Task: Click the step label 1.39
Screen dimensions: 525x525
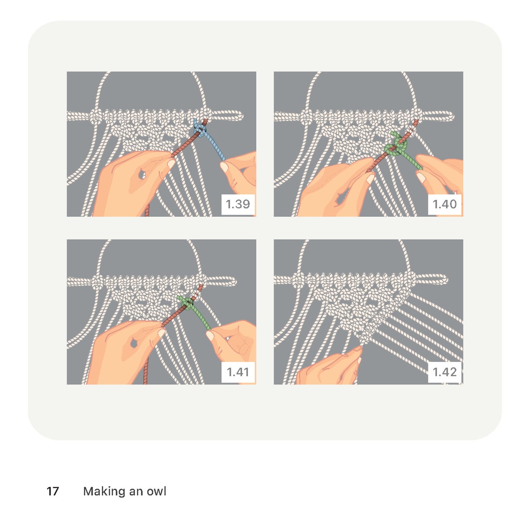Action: point(238,204)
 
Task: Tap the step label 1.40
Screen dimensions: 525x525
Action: point(445,204)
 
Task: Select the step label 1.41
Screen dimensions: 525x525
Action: point(238,372)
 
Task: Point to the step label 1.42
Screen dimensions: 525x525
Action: point(445,372)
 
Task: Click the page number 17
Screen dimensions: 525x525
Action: point(52,491)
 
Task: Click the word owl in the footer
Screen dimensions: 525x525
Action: point(157,491)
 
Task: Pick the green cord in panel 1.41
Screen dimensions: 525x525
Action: point(196,311)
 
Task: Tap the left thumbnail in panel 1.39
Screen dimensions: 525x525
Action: point(171,164)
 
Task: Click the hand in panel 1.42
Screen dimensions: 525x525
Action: point(330,367)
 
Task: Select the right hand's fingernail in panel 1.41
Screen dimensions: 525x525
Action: point(210,335)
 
